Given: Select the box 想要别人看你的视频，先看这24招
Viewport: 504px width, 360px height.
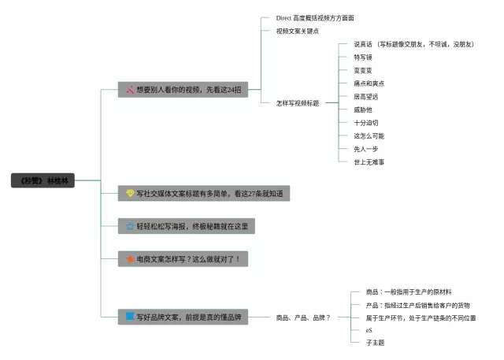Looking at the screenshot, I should click(x=183, y=89).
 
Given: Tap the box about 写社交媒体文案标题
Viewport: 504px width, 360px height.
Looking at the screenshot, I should click(x=204, y=193).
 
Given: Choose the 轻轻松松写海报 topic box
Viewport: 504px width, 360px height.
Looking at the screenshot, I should click(x=187, y=226).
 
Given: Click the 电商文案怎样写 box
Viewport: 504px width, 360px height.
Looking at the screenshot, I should click(x=183, y=258).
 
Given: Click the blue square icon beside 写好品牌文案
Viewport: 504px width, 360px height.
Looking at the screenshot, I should click(x=130, y=317).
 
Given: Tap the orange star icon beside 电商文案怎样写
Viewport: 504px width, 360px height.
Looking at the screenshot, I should click(x=130, y=258).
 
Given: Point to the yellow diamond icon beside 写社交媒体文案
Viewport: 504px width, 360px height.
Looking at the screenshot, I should click(x=130, y=193).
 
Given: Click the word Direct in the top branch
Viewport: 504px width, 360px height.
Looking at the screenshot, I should click(x=283, y=17).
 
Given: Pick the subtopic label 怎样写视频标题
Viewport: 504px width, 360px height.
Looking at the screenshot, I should click(x=297, y=103).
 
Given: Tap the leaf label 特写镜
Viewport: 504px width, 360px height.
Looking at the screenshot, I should click(x=364, y=58).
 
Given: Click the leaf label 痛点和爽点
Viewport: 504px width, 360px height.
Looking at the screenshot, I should click(x=369, y=84).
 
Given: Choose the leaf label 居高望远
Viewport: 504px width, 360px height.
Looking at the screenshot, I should click(x=366, y=96).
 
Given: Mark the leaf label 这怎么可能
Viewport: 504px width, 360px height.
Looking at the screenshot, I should click(x=369, y=135).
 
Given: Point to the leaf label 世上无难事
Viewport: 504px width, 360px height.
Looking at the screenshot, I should click(x=369, y=161).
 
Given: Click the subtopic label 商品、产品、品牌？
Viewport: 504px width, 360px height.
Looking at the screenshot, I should click(x=302, y=317).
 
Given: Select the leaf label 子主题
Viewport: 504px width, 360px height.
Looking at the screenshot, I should click(x=375, y=342).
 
